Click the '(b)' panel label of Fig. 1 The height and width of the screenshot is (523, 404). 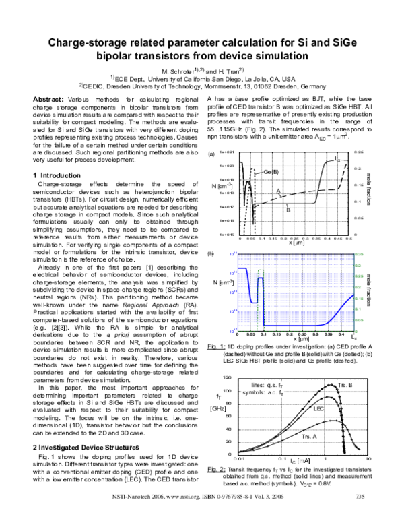[x=211, y=253]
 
